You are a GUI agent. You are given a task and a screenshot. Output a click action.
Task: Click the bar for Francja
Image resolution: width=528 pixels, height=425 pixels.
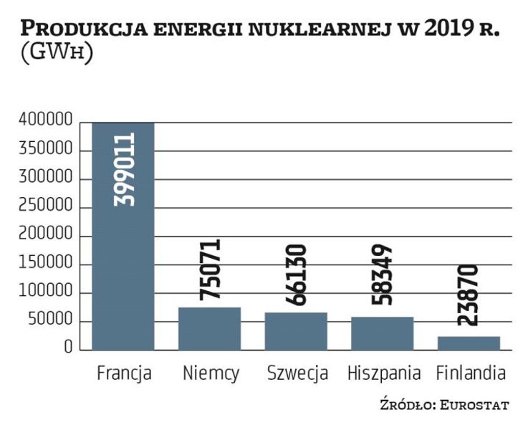[123, 237]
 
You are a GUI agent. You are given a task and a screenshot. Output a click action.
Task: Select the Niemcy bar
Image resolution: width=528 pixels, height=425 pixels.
[209, 329]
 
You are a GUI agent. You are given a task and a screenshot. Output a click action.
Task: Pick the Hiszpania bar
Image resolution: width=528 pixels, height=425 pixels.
[383, 334]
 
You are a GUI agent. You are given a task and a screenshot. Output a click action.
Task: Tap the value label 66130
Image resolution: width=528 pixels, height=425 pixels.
[297, 275]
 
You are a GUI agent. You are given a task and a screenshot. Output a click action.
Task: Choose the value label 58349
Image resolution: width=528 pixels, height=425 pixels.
[383, 280]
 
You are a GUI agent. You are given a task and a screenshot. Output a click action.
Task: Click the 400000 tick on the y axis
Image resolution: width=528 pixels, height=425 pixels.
[46, 122]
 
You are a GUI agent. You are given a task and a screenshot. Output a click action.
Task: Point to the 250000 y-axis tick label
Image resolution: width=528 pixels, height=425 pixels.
[46, 207]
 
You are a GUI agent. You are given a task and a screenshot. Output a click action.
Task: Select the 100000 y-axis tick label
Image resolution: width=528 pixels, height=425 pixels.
[46, 292]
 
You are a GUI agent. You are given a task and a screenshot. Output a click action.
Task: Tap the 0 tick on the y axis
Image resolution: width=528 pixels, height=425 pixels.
[68, 349]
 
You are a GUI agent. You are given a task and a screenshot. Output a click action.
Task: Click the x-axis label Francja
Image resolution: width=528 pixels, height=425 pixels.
[123, 373]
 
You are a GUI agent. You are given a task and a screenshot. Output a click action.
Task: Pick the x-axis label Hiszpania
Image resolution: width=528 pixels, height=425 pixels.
[383, 373]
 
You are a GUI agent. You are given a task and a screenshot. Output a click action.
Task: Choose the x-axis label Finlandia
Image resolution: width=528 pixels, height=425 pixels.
[471, 373]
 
